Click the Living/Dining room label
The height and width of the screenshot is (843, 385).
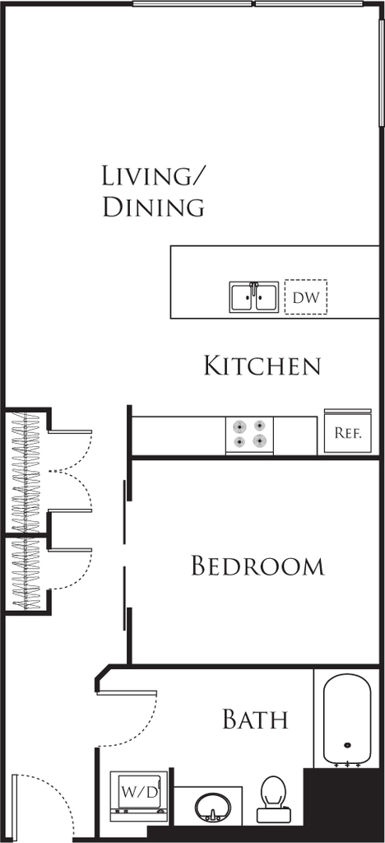click(x=154, y=193)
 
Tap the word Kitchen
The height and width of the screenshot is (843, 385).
click(x=262, y=366)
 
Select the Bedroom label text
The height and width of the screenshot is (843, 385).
click(x=257, y=566)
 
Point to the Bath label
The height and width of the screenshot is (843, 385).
click(x=256, y=720)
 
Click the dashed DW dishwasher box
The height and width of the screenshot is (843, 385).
click(x=305, y=296)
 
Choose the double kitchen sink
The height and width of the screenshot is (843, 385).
click(x=254, y=296)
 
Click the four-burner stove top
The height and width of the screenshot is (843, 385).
click(x=249, y=435)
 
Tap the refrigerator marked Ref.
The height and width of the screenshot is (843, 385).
click(x=348, y=431)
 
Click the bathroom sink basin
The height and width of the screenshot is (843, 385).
click(x=212, y=808)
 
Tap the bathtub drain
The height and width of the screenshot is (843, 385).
click(x=347, y=746)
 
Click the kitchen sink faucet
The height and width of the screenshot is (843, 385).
click(x=253, y=286)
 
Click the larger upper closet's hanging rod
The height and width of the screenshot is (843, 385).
click(x=26, y=472)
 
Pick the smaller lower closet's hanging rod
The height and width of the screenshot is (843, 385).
click(x=26, y=574)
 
